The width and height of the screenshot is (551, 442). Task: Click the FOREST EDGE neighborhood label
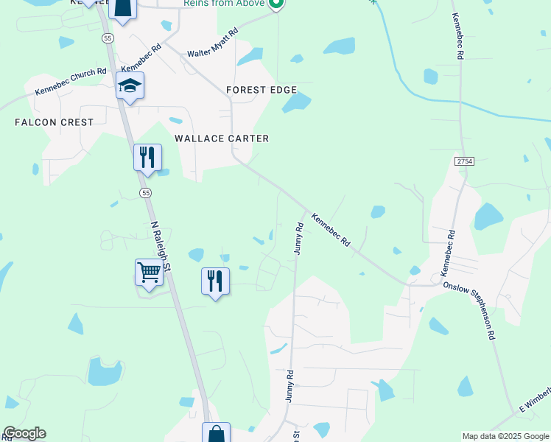pos(262,90)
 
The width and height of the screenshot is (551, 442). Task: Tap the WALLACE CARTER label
pos(221,138)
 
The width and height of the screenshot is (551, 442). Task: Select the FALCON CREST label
pos(54,122)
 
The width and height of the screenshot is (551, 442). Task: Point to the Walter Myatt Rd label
pos(212,43)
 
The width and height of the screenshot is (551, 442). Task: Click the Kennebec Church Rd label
pos(71,82)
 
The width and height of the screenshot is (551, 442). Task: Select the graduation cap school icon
pos(130,86)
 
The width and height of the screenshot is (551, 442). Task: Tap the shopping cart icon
pos(149,273)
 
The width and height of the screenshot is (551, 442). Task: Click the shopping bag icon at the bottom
pos(216,434)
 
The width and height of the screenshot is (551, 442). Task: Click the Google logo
pos(24,433)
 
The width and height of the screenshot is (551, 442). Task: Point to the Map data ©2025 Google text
pos(505,436)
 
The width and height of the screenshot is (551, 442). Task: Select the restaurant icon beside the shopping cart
pos(215,281)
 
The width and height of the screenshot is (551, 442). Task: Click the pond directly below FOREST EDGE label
pos(296,103)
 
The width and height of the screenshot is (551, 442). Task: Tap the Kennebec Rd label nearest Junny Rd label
pos(330,231)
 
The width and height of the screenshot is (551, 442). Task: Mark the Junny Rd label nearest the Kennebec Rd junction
pos(299,238)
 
